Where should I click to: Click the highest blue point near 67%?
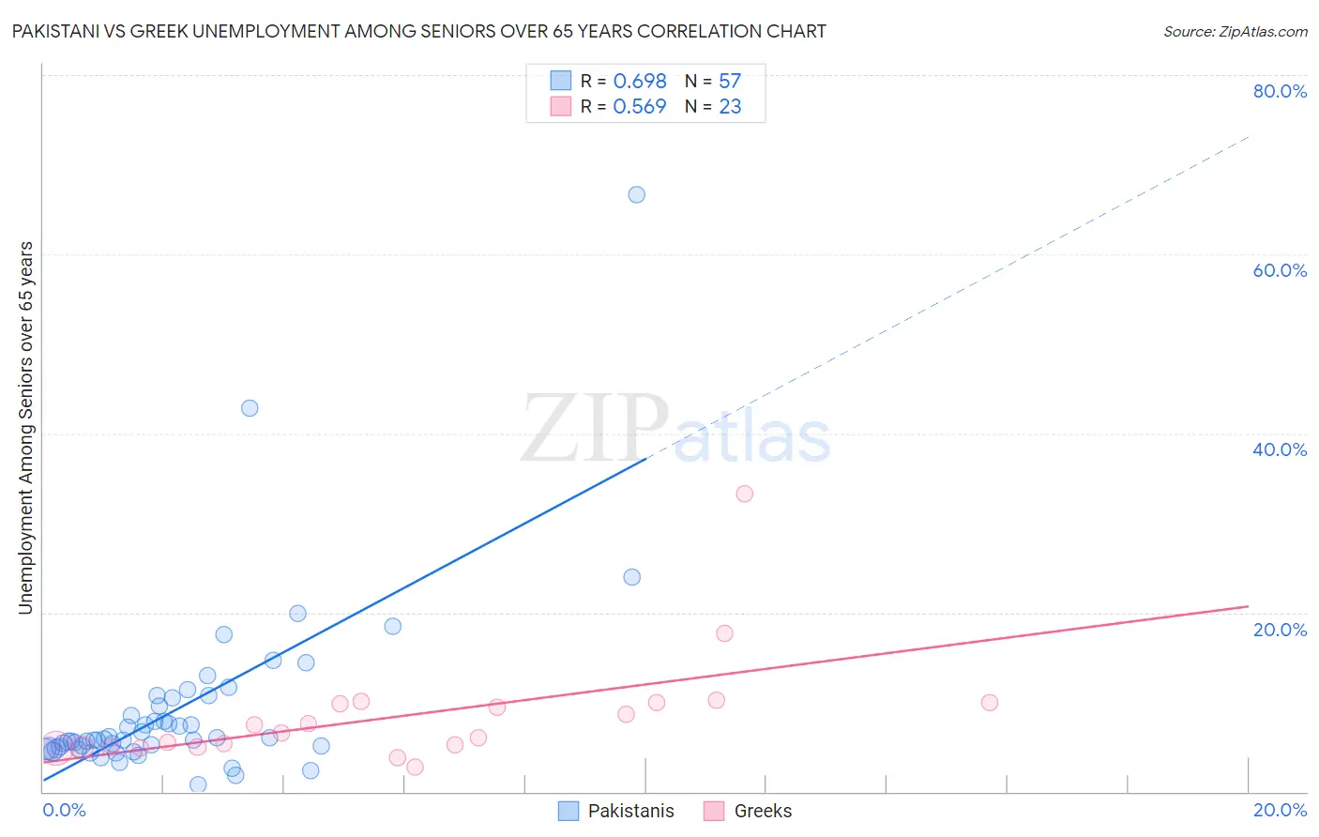click(x=636, y=195)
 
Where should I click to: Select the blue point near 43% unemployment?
click(x=250, y=408)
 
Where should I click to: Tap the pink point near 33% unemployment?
click(x=745, y=494)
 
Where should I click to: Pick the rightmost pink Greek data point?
click(x=989, y=703)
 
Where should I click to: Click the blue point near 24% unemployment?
click(x=632, y=577)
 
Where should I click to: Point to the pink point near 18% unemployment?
click(x=724, y=633)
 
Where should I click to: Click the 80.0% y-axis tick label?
click(x=1280, y=91)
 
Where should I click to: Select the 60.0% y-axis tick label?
click(x=1280, y=270)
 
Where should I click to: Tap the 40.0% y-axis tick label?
click(x=1280, y=449)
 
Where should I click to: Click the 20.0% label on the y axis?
click(x=1280, y=630)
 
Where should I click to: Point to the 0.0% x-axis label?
click(x=64, y=810)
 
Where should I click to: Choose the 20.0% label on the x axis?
click(x=1280, y=810)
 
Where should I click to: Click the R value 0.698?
click(x=640, y=82)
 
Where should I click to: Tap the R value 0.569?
click(x=640, y=107)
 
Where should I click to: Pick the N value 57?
click(x=730, y=82)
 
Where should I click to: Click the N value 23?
click(x=730, y=107)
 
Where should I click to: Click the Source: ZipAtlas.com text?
click(x=1235, y=32)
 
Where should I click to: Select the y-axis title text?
click(x=26, y=428)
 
